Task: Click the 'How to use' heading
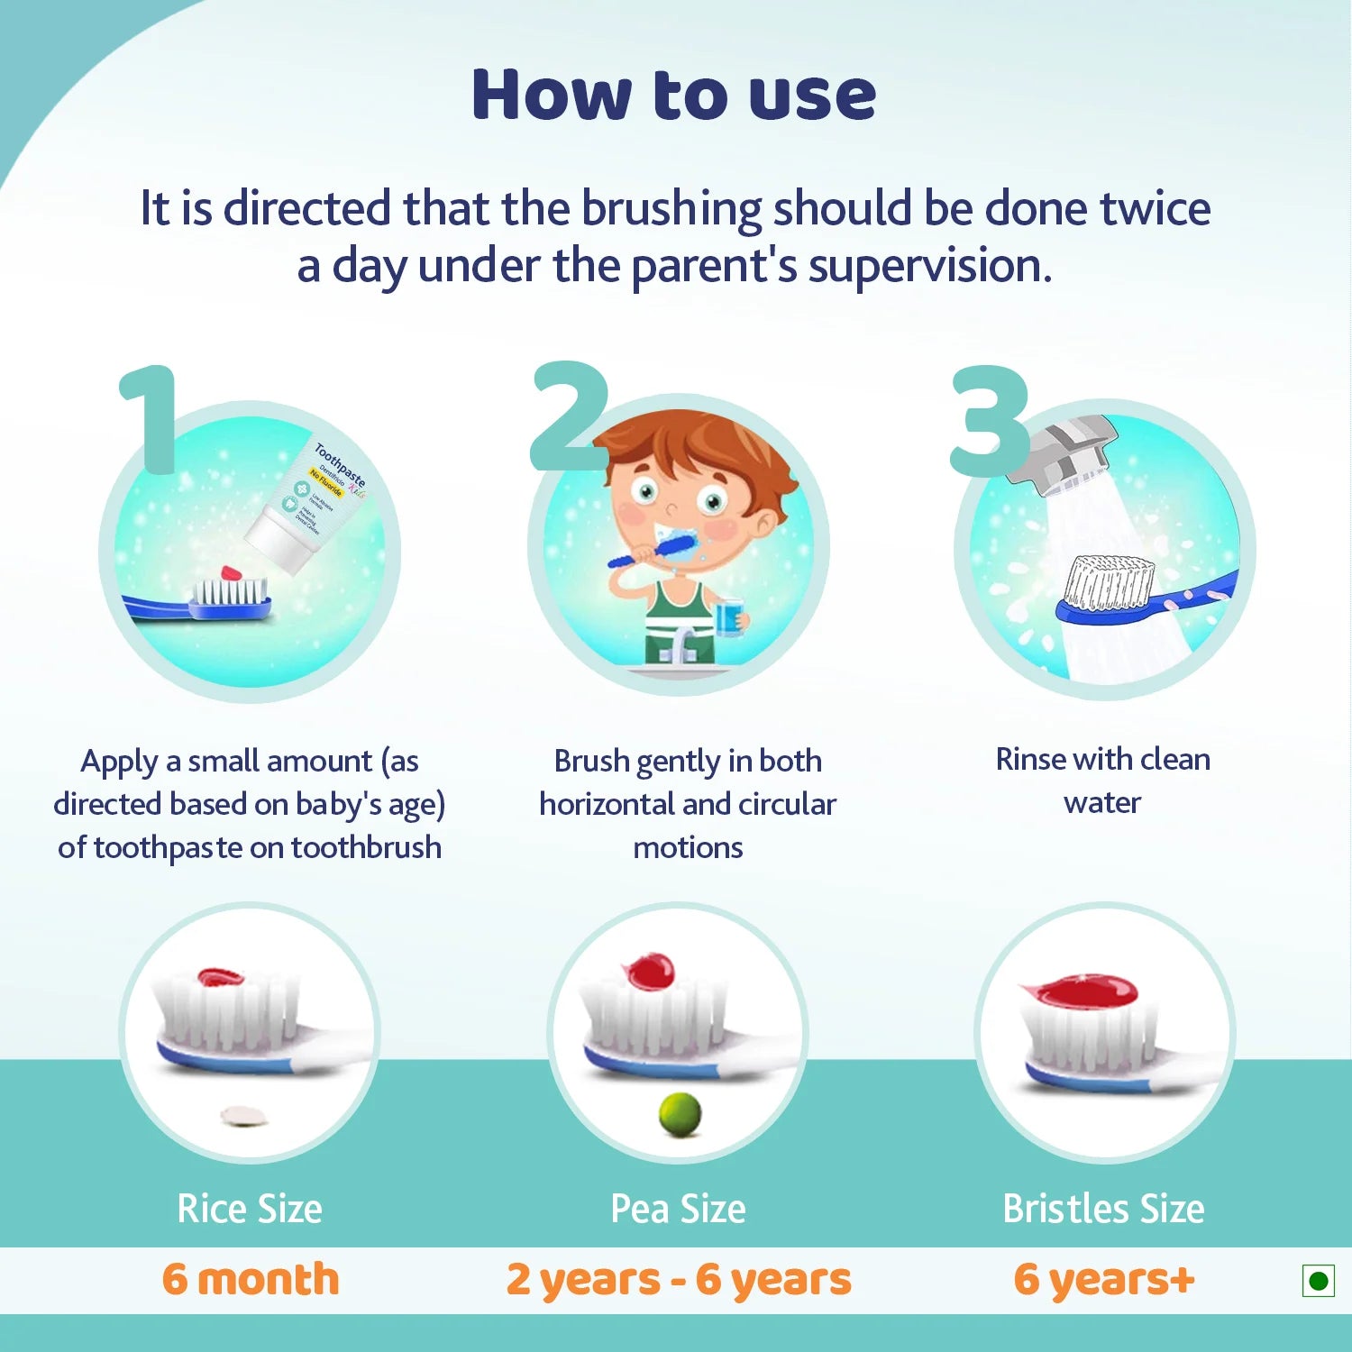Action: tap(673, 95)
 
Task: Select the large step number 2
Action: tap(568, 416)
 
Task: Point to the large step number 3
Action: tap(989, 421)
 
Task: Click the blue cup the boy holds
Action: tap(728, 617)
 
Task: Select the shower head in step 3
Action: tap(1064, 451)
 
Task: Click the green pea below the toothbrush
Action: tap(680, 1114)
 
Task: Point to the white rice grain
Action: tap(245, 1117)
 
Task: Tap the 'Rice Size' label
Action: tap(250, 1209)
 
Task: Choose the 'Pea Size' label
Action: tap(678, 1209)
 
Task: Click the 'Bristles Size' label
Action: tap(1103, 1209)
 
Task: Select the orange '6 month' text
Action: tap(251, 1279)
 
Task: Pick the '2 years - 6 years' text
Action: tap(678, 1280)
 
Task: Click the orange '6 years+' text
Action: tap(1103, 1279)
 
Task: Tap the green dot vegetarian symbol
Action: tap(1318, 1281)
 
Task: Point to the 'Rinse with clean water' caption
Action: tap(1102, 781)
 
